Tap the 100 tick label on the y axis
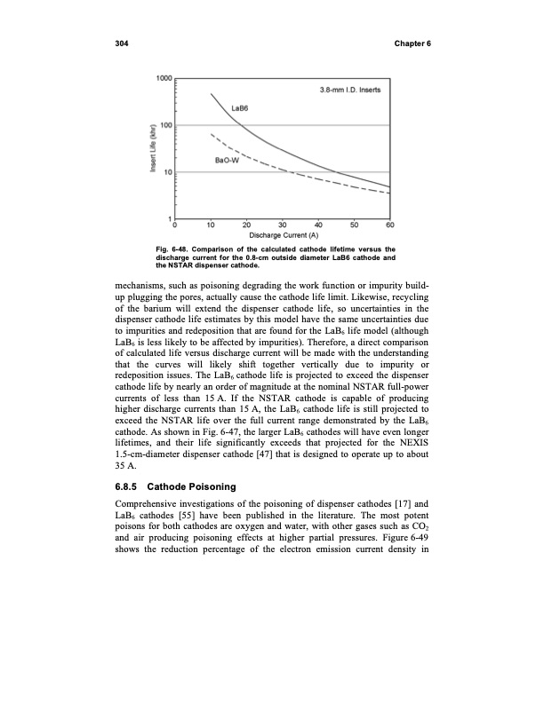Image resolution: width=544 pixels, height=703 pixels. (165, 125)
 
